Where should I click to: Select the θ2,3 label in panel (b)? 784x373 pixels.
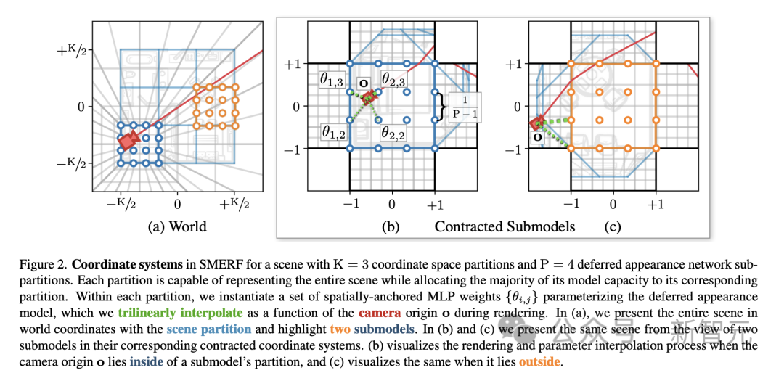coord(394,78)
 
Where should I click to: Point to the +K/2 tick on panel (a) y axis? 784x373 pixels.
coord(73,51)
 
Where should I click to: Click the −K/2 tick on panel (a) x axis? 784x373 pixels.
coord(120,204)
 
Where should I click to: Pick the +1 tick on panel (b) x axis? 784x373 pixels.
coord(434,205)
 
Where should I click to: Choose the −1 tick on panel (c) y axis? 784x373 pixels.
coord(510,149)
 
